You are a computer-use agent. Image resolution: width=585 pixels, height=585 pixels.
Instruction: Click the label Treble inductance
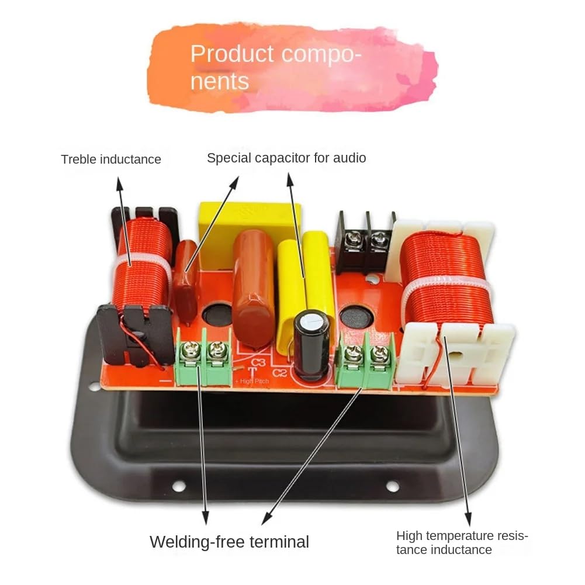[111, 159]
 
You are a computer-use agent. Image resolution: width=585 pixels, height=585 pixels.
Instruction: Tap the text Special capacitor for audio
[286, 158]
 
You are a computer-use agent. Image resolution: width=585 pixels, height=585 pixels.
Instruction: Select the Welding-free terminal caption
[229, 542]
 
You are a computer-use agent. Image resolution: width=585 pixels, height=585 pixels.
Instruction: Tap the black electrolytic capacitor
[311, 345]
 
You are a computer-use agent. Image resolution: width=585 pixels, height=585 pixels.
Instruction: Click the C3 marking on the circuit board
[259, 363]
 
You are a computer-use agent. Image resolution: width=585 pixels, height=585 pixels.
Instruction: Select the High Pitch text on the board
[253, 381]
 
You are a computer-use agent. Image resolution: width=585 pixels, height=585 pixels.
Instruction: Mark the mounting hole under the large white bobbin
[393, 486]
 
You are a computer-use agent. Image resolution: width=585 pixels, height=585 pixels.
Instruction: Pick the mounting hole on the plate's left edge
[94, 386]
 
